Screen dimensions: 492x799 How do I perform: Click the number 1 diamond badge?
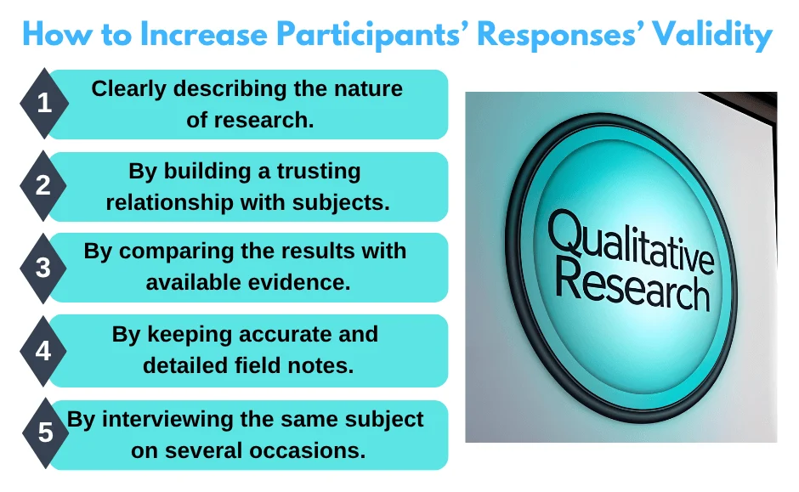[44, 105]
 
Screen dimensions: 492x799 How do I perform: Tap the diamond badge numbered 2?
[44, 186]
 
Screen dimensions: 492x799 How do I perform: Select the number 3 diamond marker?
[44, 268]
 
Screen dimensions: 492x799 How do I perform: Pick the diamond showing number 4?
[44, 349]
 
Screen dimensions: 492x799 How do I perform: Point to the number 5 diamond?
[44, 433]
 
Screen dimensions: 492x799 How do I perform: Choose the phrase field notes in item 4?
[300, 365]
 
